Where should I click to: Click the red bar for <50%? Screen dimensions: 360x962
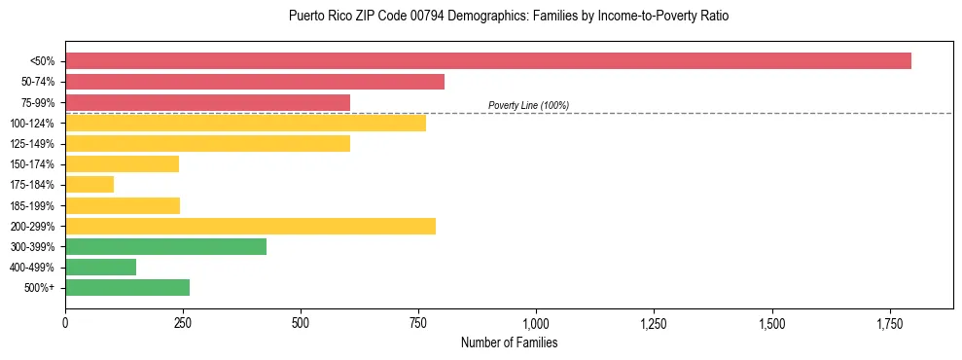[x=488, y=61]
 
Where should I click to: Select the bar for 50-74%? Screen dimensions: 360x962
[x=255, y=82]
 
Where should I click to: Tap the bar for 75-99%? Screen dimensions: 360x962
[x=207, y=102]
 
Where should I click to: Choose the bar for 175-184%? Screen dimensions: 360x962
[x=89, y=185]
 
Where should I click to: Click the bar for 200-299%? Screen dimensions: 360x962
[x=250, y=226]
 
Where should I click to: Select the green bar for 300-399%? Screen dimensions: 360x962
[x=165, y=246]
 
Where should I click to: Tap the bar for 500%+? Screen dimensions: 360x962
[x=127, y=287]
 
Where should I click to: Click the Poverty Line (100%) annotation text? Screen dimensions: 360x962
[x=528, y=105]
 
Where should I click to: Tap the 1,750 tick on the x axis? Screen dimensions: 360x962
[x=771, y=322]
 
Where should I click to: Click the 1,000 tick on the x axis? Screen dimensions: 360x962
[x=536, y=322]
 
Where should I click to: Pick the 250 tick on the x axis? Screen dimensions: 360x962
[x=183, y=322]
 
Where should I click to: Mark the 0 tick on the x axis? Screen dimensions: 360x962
[x=65, y=322]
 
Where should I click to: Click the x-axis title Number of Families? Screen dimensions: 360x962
[x=509, y=342]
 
